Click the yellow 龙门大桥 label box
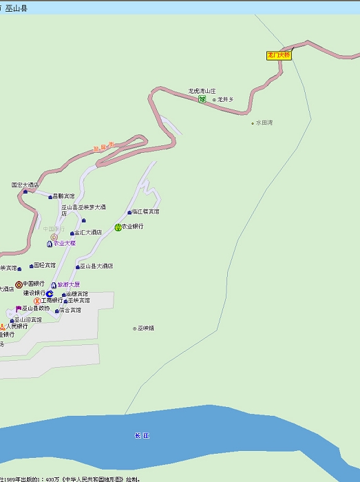tap(279, 55)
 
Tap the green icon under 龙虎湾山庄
tap(202, 100)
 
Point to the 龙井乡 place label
tap(225, 100)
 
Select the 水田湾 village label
tap(264, 123)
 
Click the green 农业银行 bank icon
tap(118, 227)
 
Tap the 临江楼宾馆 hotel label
tap(145, 211)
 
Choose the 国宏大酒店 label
tap(25, 185)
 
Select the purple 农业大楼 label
tap(64, 243)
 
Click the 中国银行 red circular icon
tap(19, 284)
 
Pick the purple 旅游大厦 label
tap(68, 284)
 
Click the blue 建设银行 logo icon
tap(50, 293)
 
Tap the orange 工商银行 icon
tap(37, 301)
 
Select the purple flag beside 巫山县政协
tap(19, 308)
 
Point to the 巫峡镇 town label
tap(145, 328)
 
